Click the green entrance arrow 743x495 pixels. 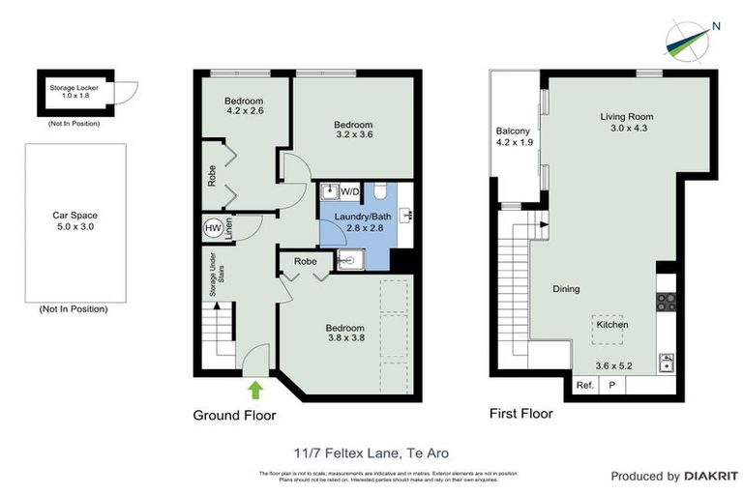click(255, 390)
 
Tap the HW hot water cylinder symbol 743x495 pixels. click(213, 228)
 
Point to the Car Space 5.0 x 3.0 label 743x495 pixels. click(74, 221)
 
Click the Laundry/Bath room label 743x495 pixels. click(359, 222)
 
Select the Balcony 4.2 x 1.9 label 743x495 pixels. click(513, 136)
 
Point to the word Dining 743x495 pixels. click(566, 288)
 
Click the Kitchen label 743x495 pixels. click(611, 325)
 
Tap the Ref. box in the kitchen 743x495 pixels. click(583, 385)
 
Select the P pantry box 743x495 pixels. click(611, 385)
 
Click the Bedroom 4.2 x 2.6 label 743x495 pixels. click(244, 106)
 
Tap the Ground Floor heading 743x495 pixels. click(236, 416)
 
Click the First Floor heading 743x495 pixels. click(522, 414)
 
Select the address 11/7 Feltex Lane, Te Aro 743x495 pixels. click(371, 451)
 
